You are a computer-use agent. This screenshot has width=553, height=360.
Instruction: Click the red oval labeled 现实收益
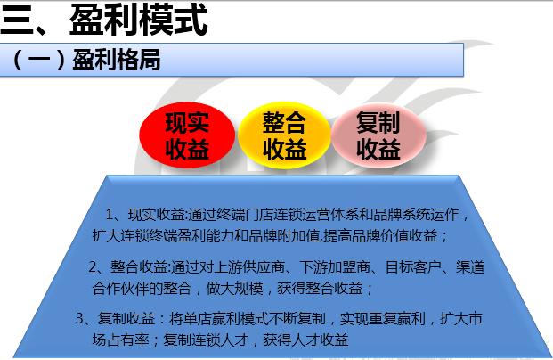coord(187,136)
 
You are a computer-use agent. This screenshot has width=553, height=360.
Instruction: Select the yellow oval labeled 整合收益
coord(283,136)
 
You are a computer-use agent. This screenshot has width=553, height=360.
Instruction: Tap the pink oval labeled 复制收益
coord(377,136)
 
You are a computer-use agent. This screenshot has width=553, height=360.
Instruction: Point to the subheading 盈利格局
coord(116,61)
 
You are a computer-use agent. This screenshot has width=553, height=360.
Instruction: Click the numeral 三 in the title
coord(18,20)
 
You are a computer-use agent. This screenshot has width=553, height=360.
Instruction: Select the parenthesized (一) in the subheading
coord(40,61)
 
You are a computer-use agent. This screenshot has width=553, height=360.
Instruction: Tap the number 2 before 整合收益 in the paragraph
coord(94,266)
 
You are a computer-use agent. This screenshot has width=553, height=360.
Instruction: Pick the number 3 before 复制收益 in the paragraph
coord(80,318)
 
